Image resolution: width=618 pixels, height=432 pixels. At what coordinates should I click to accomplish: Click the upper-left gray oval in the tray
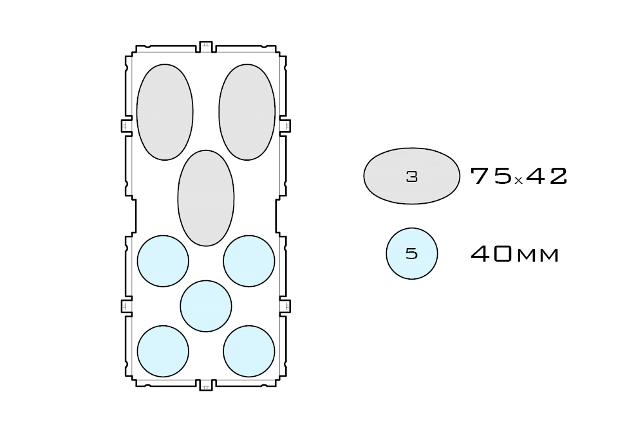165,112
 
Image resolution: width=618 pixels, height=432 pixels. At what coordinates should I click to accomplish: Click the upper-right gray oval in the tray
247,112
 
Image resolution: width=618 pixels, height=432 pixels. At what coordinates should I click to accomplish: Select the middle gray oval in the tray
206,198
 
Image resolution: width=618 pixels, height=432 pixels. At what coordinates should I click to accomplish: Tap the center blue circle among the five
206,306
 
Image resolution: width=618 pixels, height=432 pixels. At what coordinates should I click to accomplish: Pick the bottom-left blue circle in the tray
164,351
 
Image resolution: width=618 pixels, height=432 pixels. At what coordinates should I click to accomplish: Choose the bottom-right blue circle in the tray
249,351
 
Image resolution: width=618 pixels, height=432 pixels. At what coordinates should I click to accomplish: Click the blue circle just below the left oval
164,261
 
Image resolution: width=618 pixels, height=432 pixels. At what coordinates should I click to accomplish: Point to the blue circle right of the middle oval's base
249,261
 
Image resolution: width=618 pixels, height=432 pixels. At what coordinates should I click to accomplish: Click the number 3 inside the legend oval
412,177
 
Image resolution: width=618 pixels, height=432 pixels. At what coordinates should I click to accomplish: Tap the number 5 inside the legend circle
412,254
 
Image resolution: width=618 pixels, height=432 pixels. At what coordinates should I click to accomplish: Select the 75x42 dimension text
519,176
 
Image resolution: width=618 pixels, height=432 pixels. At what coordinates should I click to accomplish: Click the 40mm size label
515,255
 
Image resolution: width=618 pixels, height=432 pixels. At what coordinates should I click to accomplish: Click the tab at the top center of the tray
206,46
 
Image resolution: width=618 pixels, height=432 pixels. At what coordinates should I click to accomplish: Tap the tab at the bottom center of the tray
206,385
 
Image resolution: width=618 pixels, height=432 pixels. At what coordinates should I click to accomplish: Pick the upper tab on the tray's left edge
126,125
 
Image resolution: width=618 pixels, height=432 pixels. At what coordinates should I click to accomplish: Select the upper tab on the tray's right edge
285,125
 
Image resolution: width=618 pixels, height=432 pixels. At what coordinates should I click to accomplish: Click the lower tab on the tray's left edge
126,306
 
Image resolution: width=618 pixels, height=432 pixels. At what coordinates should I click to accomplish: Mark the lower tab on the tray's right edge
285,306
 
